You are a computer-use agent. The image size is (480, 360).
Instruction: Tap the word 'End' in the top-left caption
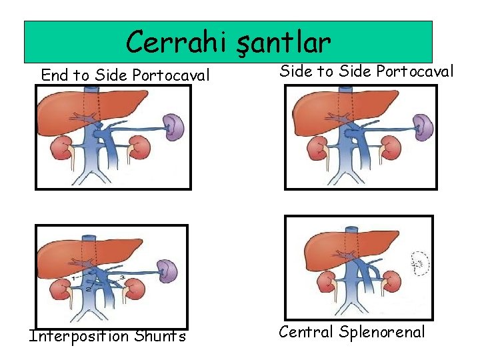point(55,75)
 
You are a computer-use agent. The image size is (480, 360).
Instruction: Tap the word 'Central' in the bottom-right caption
point(307,331)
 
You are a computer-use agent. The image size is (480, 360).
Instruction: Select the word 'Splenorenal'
point(383,331)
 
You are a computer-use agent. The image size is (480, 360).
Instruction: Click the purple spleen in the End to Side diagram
point(175,126)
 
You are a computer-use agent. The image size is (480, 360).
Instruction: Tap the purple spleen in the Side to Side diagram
point(423,125)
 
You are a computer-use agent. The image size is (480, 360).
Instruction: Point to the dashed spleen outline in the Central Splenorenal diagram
point(419,264)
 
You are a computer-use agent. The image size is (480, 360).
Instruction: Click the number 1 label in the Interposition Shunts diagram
point(73,276)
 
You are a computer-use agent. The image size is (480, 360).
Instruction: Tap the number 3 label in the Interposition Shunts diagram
point(122,275)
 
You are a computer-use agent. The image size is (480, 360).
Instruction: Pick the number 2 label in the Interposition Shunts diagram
point(87,289)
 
